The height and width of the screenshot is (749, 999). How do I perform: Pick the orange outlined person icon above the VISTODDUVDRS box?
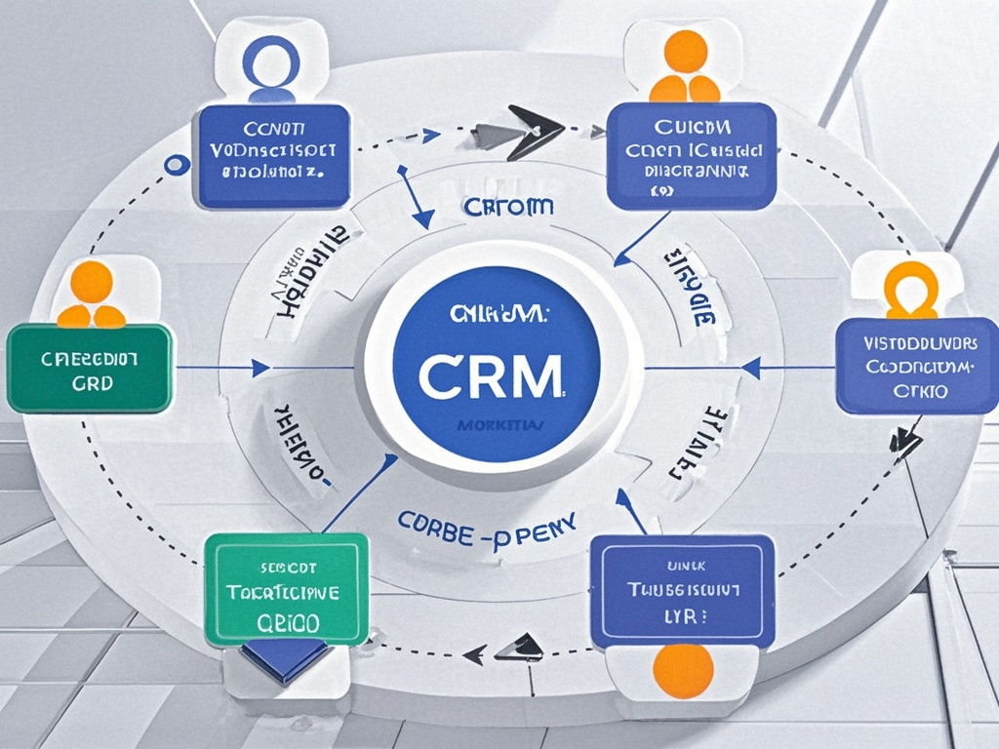[x=908, y=290]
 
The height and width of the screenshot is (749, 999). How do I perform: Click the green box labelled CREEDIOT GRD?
[x=90, y=369]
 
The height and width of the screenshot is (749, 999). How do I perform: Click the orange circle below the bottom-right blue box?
[x=682, y=673]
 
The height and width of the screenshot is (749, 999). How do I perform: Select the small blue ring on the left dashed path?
[x=177, y=165]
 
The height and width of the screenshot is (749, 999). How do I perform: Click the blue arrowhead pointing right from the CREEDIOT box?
[x=260, y=368]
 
